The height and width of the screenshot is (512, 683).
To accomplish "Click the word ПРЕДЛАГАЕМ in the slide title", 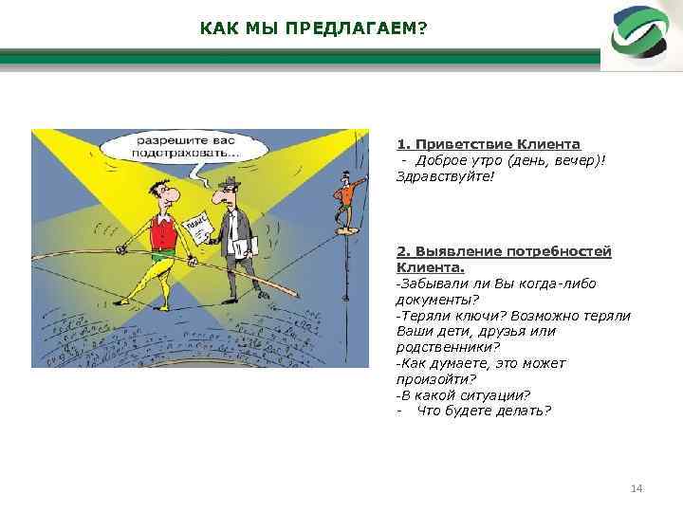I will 350,28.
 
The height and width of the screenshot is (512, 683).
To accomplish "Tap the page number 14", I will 637,487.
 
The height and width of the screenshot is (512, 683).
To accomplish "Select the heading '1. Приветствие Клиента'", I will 488,144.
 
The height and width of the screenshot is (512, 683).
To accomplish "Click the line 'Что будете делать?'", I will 484,411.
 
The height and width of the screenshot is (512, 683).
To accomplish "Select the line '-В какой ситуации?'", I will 462,395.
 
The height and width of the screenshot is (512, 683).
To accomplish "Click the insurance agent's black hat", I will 227,182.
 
